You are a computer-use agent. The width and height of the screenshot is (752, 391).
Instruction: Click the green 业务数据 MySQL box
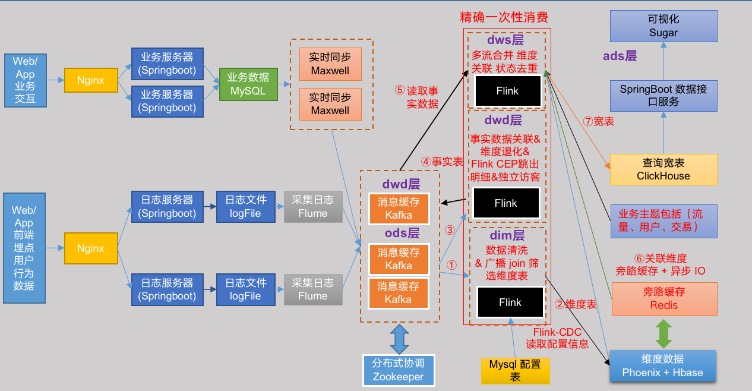pyautogui.click(x=248, y=84)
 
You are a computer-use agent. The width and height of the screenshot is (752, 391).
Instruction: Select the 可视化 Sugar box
pyautogui.click(x=663, y=26)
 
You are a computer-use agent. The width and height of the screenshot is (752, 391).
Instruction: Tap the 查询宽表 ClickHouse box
pyautogui.click(x=663, y=169)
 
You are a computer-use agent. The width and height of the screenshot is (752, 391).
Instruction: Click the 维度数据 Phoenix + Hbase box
pyautogui.click(x=662, y=366)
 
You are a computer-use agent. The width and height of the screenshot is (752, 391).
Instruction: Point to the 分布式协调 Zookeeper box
pyautogui.click(x=399, y=370)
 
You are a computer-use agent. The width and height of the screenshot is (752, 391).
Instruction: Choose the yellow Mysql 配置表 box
pyautogui.click(x=515, y=370)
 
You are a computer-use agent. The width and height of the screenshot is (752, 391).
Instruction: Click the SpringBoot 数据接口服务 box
pyautogui.click(x=663, y=96)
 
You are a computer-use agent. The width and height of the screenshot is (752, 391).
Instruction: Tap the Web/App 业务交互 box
pyautogui.click(x=25, y=80)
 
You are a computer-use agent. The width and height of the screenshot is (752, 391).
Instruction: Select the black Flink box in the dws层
pyautogui.click(x=507, y=91)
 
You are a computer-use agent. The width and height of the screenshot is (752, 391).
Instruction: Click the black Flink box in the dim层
pyautogui.click(x=510, y=302)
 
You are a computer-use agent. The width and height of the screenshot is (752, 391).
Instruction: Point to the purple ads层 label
pyautogui.click(x=620, y=56)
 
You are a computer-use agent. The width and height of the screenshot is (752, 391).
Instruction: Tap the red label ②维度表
pyautogui.click(x=576, y=304)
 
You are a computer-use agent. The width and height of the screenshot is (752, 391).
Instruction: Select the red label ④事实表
pyautogui.click(x=442, y=162)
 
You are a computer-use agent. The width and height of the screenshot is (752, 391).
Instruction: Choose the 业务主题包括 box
pyautogui.click(x=663, y=221)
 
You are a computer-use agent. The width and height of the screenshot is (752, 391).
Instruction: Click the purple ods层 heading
pyautogui.click(x=402, y=232)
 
